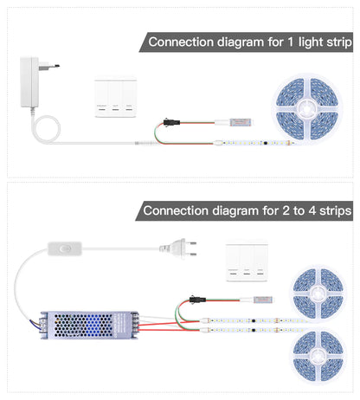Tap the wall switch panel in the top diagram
[x=115, y=99]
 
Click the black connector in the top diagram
[x=167, y=121]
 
